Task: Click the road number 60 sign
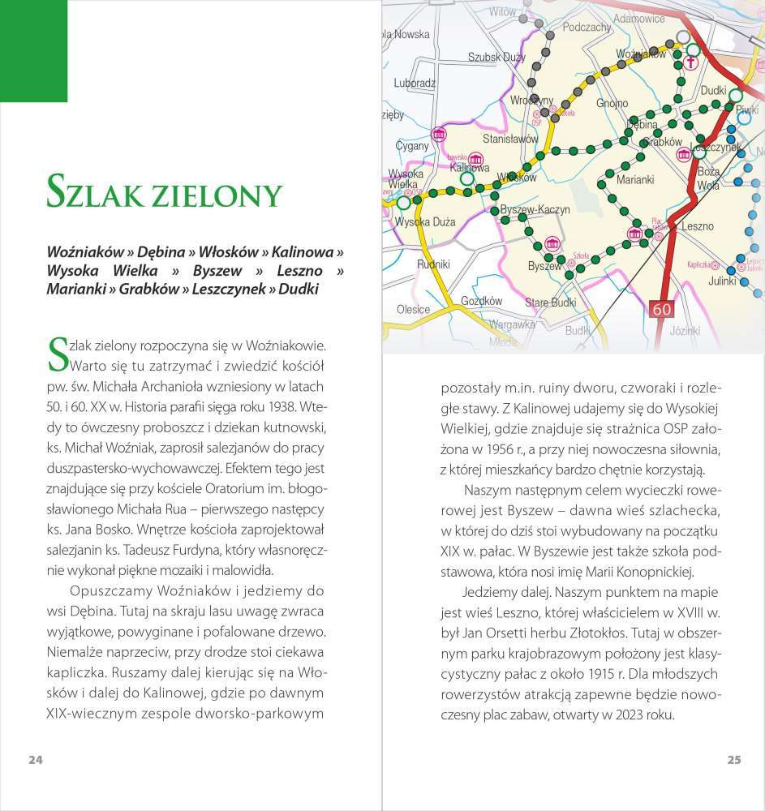click(x=662, y=309)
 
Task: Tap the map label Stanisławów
click(x=510, y=139)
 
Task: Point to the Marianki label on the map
click(x=635, y=180)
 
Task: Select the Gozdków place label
click(x=481, y=300)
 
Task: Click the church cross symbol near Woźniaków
click(x=692, y=62)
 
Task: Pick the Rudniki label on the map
click(x=433, y=264)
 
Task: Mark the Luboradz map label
click(x=415, y=83)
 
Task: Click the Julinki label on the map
click(x=720, y=281)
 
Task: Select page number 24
click(x=35, y=760)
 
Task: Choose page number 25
click(x=733, y=760)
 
